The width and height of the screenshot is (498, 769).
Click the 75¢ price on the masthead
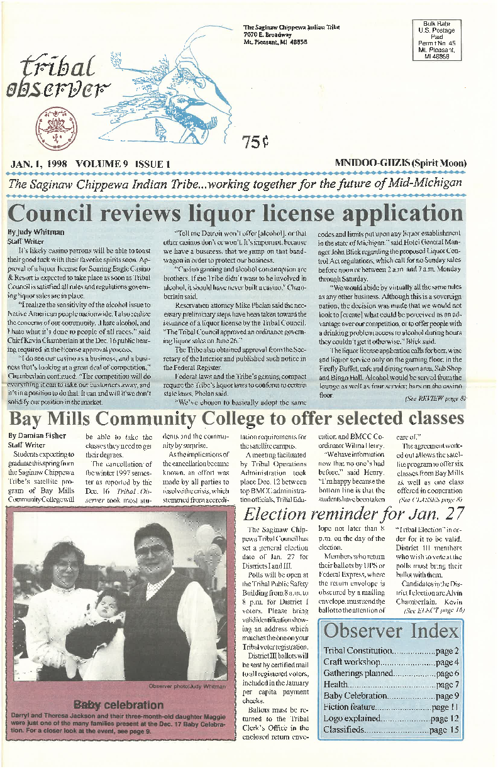[x=255, y=143]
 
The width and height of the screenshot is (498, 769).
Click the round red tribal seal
[x=50, y=122]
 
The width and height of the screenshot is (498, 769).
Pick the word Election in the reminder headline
[x=280, y=514]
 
